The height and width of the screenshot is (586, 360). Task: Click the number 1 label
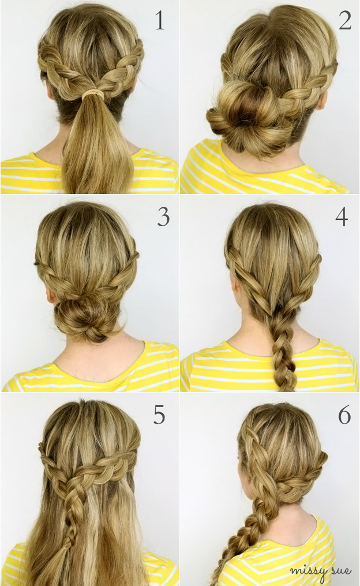(x=159, y=21)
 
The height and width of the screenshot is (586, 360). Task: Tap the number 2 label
(x=344, y=20)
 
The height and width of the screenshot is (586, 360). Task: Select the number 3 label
(x=163, y=217)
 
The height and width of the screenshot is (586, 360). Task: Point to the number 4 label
(x=342, y=217)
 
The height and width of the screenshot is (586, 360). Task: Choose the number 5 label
(x=159, y=415)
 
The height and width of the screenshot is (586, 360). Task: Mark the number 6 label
(x=344, y=415)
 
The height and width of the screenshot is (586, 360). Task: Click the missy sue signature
(x=320, y=570)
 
